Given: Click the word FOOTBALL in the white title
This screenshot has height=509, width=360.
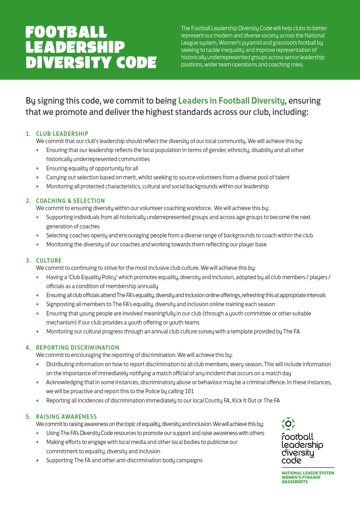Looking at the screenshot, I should pos(66,32).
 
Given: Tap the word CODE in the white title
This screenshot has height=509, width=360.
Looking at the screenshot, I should pos(136,62).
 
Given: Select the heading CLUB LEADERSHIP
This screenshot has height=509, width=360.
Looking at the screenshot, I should pos(62,134).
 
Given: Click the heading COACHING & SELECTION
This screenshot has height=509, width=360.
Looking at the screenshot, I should pos(70,201).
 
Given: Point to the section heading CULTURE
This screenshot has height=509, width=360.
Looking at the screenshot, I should pos(49,261).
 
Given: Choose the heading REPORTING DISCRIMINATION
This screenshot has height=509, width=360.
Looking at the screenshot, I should pos(78,348).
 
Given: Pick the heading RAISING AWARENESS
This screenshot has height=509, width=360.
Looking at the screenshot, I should pos(66,417).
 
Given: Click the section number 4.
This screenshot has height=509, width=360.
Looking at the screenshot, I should pos(28,348).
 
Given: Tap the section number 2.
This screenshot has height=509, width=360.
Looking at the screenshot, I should pos(28,201).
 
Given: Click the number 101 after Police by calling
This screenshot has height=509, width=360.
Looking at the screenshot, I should pos(189,391).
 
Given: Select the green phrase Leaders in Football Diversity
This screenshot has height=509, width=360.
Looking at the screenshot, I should pos(231,101).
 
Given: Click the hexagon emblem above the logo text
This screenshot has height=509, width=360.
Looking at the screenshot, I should pos(288,424).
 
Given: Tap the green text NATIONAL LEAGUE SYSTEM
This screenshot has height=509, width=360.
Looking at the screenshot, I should pos(308,473).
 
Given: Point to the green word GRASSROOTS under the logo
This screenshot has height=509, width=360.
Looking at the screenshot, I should pos(294,482).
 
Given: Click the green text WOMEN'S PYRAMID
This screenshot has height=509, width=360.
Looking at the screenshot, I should pos(301,477).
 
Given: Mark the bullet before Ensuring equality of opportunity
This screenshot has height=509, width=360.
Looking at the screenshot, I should pos(37,168).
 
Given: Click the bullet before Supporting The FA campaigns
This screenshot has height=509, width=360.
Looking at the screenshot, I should pos(37,460).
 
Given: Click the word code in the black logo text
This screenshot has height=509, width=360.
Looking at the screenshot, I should pos(291,461).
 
